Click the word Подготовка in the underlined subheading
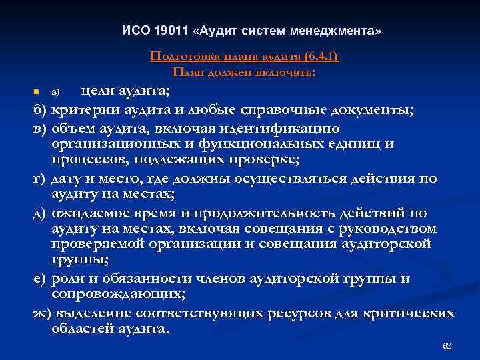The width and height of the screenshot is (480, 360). (x=181, y=57)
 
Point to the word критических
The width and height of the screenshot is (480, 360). (x=413, y=313)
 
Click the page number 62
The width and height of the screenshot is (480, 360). (x=447, y=346)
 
